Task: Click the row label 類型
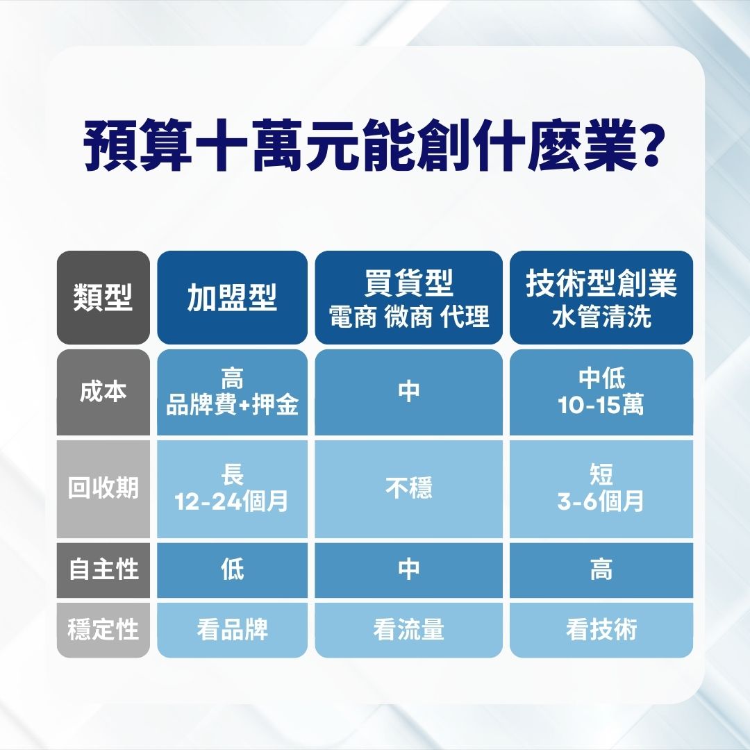103,298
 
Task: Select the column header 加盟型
232,298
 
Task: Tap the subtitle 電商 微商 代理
409,317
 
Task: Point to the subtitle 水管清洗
601,317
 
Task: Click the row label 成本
103,392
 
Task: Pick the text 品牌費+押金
232,405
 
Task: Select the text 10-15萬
601,405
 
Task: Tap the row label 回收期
103,488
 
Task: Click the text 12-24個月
232,501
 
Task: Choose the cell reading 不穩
409,488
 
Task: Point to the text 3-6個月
601,501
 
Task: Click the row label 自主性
103,569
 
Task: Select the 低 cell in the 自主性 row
232,569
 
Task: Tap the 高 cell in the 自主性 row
601,569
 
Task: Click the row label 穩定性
103,630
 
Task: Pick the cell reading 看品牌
232,630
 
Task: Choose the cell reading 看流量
409,630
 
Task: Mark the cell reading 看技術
601,630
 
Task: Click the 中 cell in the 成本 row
409,392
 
